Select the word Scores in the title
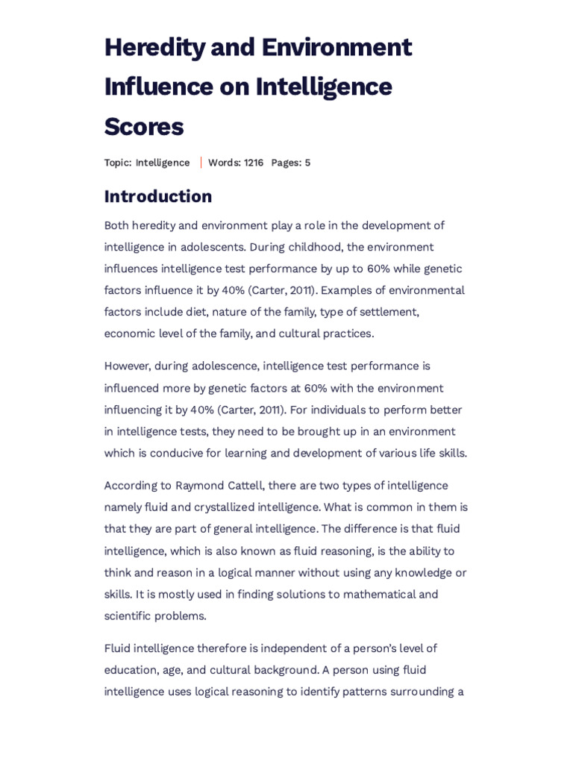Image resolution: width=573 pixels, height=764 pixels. click(144, 127)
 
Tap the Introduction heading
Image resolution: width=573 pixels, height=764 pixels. click(158, 196)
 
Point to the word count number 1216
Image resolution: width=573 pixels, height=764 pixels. click(254, 163)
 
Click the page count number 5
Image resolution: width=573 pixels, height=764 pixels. click(307, 163)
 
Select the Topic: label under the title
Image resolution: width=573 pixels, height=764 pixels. click(118, 163)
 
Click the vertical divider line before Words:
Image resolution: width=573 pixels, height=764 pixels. click(201, 163)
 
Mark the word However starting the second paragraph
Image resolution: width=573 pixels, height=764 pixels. click(127, 366)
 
